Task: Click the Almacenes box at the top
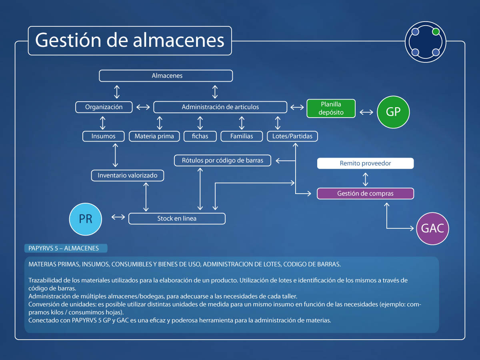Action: tap(166, 76)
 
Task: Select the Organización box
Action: tap(104, 107)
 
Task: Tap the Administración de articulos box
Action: tap(220, 107)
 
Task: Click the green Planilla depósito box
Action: tap(331, 108)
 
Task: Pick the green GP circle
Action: tap(393, 112)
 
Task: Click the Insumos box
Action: tap(103, 136)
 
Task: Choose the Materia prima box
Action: tap(154, 136)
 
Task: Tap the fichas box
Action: tap(200, 136)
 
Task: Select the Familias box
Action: tap(242, 136)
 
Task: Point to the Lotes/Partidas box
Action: tap(292, 136)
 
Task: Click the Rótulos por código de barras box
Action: tap(223, 161)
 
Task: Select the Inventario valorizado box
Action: tap(128, 175)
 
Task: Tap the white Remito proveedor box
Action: tap(365, 163)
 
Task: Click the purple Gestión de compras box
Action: tap(365, 194)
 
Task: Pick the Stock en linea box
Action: tap(177, 218)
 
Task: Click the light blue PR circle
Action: tap(86, 219)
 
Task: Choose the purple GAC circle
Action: tap(433, 228)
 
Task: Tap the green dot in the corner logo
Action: tap(436, 32)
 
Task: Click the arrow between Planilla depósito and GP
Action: tap(366, 112)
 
